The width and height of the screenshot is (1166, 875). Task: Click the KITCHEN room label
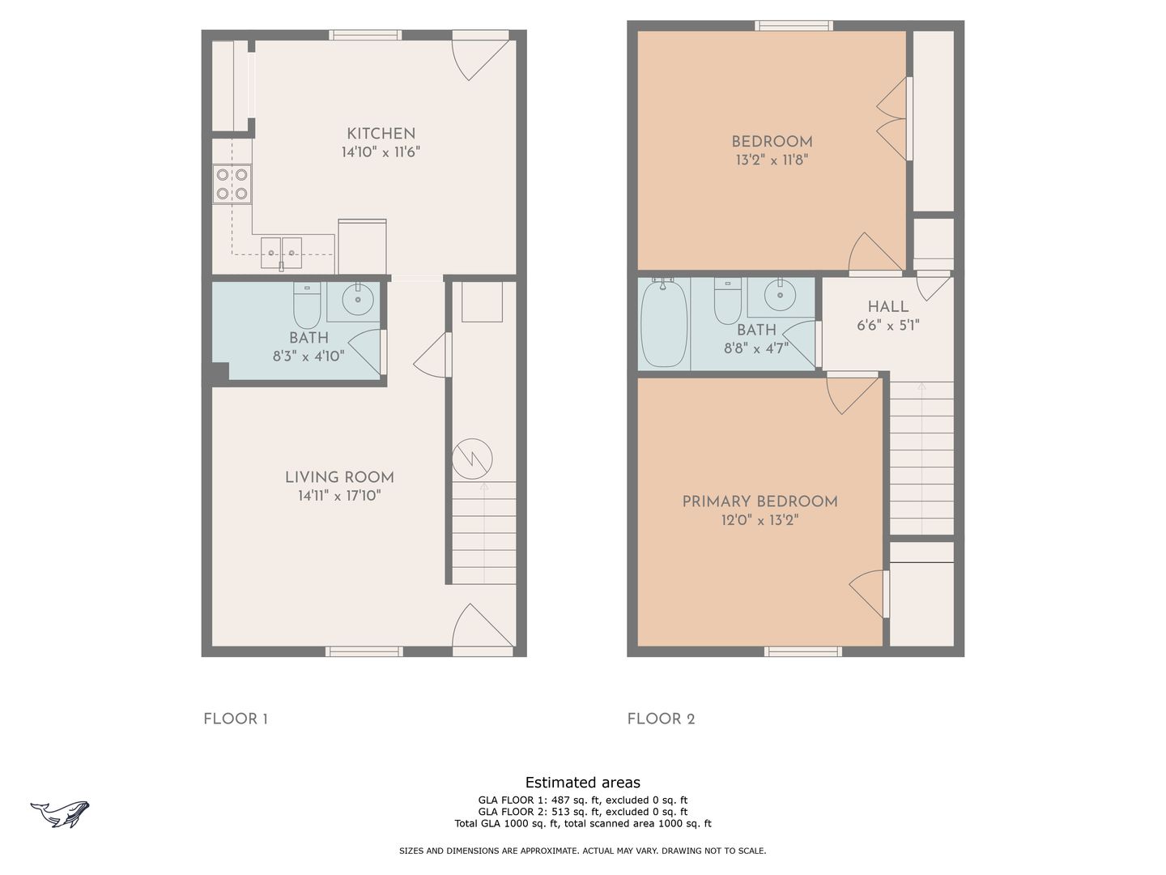(x=381, y=134)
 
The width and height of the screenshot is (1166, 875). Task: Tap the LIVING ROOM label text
(x=339, y=478)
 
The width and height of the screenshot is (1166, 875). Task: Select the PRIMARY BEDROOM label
(x=760, y=502)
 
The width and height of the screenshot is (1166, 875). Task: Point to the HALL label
(x=887, y=306)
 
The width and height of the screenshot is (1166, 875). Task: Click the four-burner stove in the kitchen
(x=232, y=185)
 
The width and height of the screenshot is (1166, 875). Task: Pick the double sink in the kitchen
(x=281, y=254)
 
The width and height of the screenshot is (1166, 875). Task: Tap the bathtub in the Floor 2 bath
(x=664, y=323)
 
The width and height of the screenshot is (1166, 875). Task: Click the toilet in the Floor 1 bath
(x=307, y=305)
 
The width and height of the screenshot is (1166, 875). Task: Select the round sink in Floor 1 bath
(x=358, y=299)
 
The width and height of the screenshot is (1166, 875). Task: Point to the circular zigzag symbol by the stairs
(x=472, y=459)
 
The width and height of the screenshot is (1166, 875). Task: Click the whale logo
(x=59, y=814)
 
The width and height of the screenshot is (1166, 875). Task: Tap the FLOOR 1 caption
(x=236, y=719)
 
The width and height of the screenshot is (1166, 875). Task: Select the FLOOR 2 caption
(x=661, y=719)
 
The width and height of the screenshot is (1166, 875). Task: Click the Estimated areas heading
(x=583, y=783)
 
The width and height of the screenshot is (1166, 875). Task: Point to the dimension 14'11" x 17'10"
(x=339, y=496)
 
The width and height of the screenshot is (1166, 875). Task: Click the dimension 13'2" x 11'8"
(x=772, y=160)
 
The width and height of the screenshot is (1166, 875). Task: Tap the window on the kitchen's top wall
(x=365, y=35)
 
